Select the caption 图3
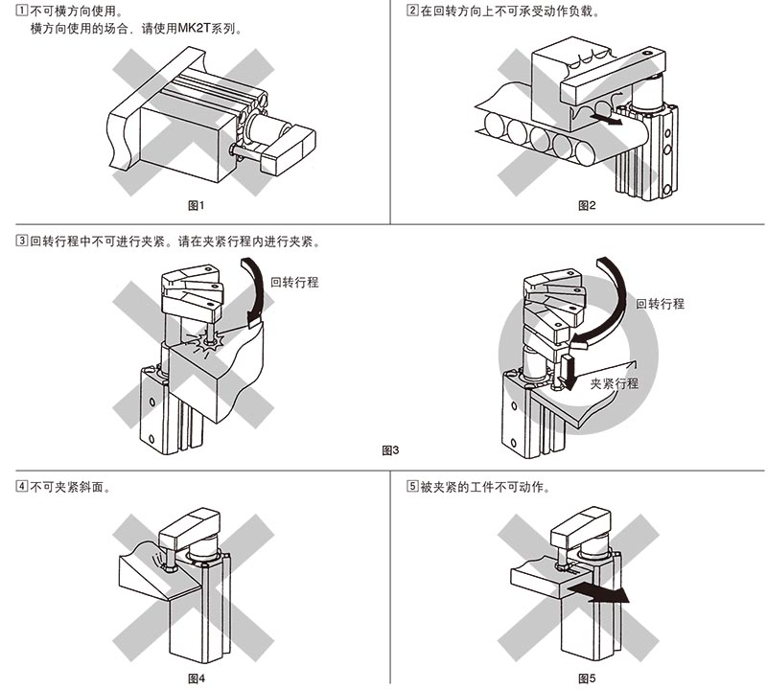(390, 450)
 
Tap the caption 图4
(196, 678)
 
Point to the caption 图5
(587, 678)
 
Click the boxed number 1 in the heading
(22, 11)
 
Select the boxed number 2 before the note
(412, 11)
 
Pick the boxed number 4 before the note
(22, 487)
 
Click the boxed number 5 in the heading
(412, 487)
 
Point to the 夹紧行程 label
(615, 383)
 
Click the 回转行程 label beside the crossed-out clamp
(294, 282)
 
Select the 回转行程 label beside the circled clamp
(660, 304)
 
